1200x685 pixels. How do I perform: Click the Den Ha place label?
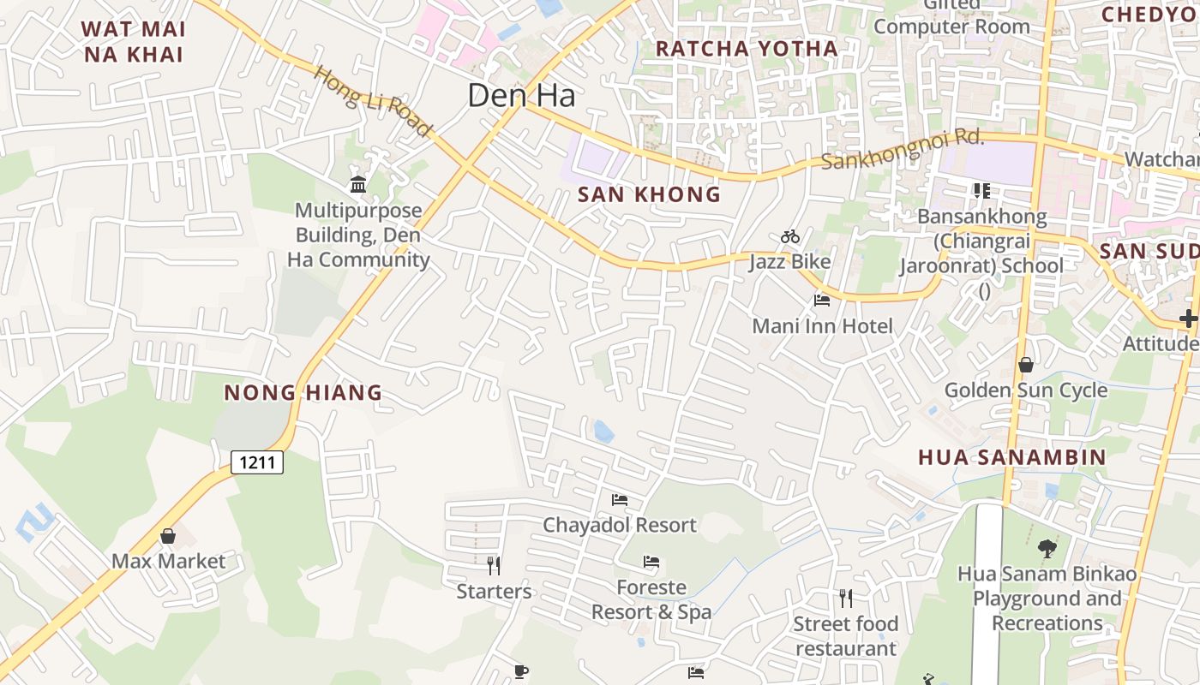pos(521,95)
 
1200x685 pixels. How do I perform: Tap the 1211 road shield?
pos(257,463)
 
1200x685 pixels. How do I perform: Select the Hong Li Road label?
pos(373,101)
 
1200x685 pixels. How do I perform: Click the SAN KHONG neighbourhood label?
pos(649,194)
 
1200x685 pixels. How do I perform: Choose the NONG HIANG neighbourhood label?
pos(303,393)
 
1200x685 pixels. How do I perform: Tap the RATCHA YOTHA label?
pos(747,49)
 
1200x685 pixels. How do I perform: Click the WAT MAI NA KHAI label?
pos(133,41)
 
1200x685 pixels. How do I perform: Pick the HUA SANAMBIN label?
pos(1012,456)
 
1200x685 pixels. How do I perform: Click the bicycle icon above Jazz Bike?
pos(790,236)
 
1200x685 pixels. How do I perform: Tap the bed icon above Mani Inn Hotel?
pos(822,301)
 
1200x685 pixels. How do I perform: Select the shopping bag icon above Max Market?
pos(168,536)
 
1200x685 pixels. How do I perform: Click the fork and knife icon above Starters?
pos(494,565)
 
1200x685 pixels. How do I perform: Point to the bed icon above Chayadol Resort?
pos(620,499)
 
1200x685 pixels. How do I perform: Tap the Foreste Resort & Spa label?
pos(651,599)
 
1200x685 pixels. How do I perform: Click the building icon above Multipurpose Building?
pos(358,184)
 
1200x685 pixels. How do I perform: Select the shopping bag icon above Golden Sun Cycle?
pos(1025,366)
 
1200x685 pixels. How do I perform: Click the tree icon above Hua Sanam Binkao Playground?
pos(1047,548)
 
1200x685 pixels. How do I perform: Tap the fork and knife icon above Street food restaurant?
pos(846,598)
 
